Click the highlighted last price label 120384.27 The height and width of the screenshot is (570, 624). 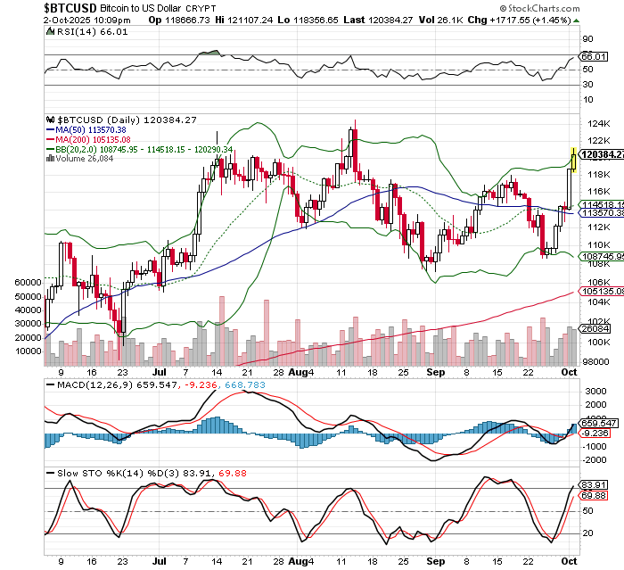(601, 154)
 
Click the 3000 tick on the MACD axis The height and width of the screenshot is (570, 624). (594, 392)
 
